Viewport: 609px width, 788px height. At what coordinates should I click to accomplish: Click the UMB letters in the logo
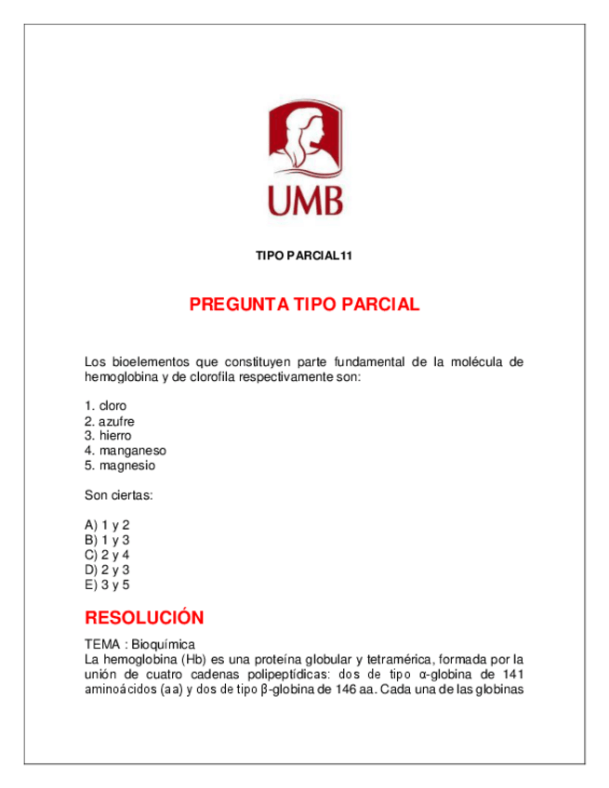(x=304, y=199)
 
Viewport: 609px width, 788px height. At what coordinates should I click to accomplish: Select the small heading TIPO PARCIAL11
(x=304, y=256)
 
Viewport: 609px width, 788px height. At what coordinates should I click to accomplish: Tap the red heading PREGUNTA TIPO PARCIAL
(x=304, y=305)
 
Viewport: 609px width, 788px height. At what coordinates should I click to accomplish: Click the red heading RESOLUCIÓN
(x=144, y=618)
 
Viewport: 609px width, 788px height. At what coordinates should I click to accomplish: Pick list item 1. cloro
(x=105, y=406)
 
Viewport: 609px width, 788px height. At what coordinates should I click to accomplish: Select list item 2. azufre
(x=110, y=421)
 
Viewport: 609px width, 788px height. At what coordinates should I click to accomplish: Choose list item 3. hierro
(x=108, y=436)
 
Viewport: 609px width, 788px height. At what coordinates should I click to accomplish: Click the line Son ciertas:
(x=118, y=495)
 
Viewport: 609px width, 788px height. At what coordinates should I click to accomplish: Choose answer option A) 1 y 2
(x=107, y=525)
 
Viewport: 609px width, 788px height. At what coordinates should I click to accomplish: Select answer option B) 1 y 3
(x=107, y=540)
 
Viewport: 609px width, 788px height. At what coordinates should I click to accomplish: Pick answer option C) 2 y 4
(x=107, y=555)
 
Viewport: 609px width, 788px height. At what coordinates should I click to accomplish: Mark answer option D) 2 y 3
(x=107, y=570)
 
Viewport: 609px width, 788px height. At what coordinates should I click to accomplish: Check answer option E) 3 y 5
(x=107, y=584)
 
